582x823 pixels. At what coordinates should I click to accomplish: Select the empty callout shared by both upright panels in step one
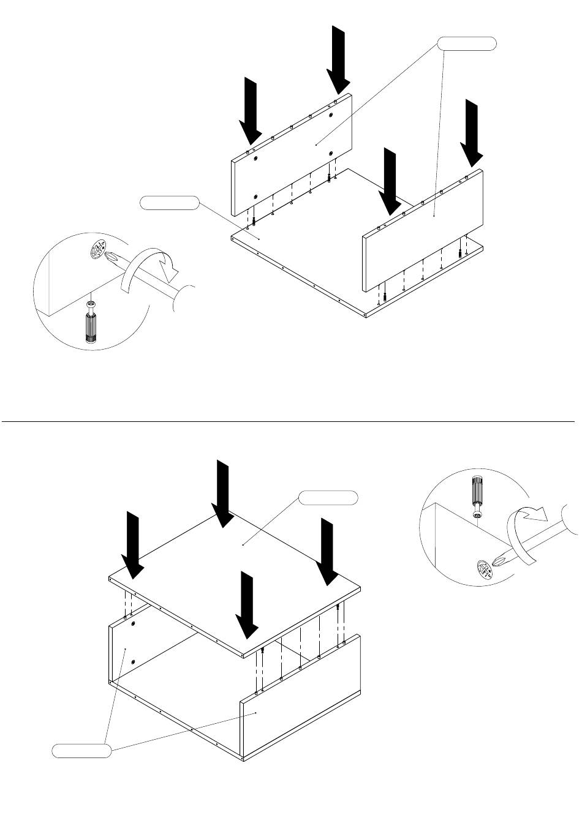466,43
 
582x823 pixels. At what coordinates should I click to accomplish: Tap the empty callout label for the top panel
328,498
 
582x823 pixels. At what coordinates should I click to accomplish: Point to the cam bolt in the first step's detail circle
91,323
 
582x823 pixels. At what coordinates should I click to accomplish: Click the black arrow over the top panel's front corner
248,605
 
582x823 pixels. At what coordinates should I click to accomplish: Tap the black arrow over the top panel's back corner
222,493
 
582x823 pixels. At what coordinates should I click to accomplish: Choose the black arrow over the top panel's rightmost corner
327,551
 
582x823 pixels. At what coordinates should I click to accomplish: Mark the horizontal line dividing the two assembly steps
288,422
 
